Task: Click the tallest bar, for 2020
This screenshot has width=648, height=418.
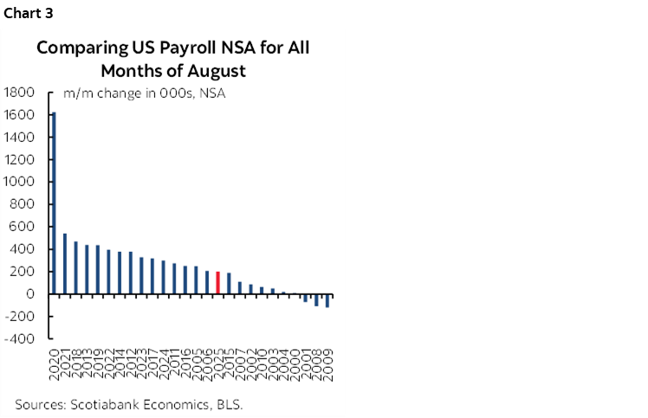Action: coord(54,203)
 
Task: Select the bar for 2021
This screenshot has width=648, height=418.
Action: coord(64,264)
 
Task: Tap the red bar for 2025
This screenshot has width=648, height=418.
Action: coord(218,283)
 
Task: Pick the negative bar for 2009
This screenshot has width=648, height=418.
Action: coord(327,301)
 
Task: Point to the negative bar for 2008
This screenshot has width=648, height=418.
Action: coord(316,300)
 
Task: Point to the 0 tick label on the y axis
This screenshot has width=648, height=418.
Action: coord(29,294)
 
